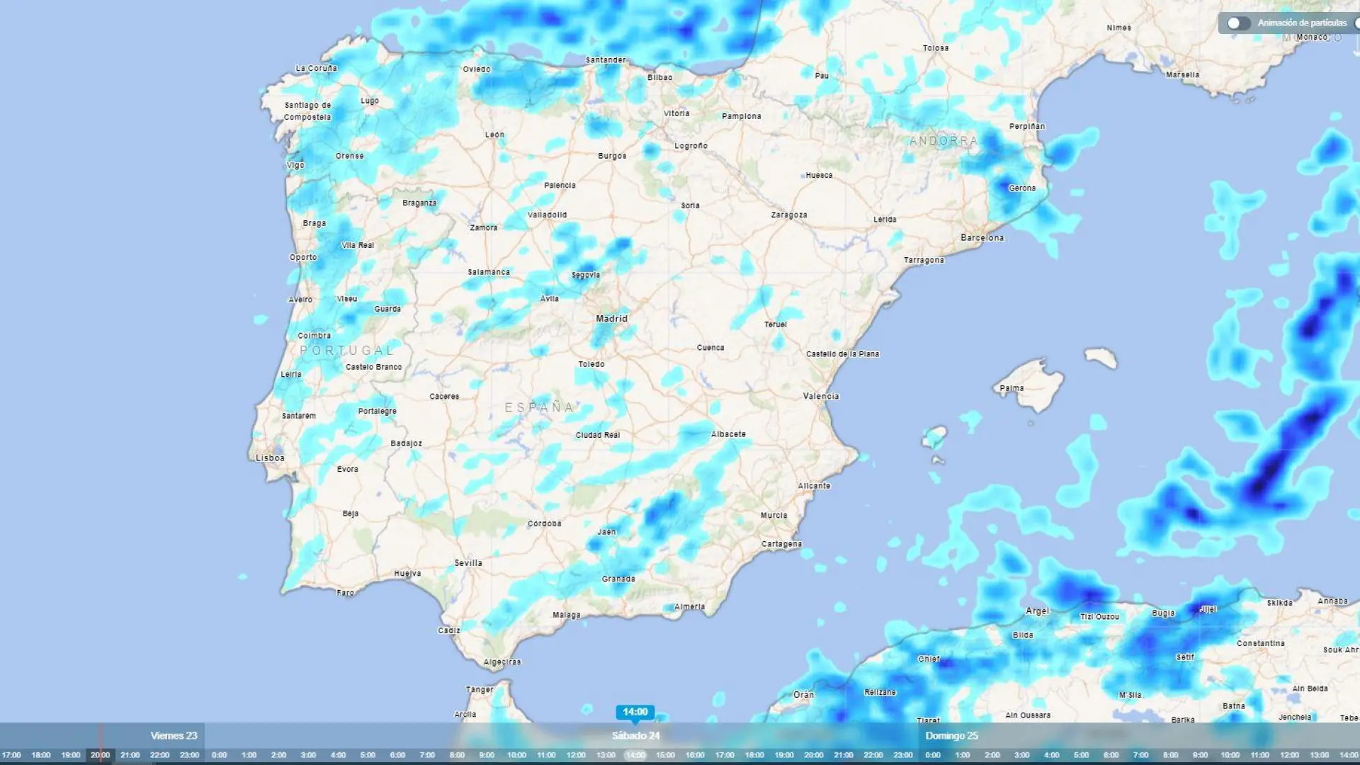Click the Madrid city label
tap(611, 319)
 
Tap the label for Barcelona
tap(982, 238)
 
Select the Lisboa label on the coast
tap(270, 458)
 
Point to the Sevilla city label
tap(468, 563)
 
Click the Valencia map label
tap(821, 397)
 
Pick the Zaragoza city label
tap(789, 215)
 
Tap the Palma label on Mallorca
tap(1011, 388)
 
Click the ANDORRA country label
tap(943, 141)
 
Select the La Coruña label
tap(316, 69)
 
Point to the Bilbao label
tap(659, 78)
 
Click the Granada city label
tap(618, 579)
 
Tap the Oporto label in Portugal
tap(303, 258)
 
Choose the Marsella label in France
tap(1182, 75)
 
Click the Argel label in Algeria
tap(1038, 611)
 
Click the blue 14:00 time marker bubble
tap(635, 712)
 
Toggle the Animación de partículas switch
tap(1239, 23)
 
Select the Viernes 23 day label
tap(174, 736)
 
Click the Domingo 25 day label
tap(951, 736)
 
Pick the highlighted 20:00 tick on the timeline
tap(100, 755)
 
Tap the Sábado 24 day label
tap(635, 736)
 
